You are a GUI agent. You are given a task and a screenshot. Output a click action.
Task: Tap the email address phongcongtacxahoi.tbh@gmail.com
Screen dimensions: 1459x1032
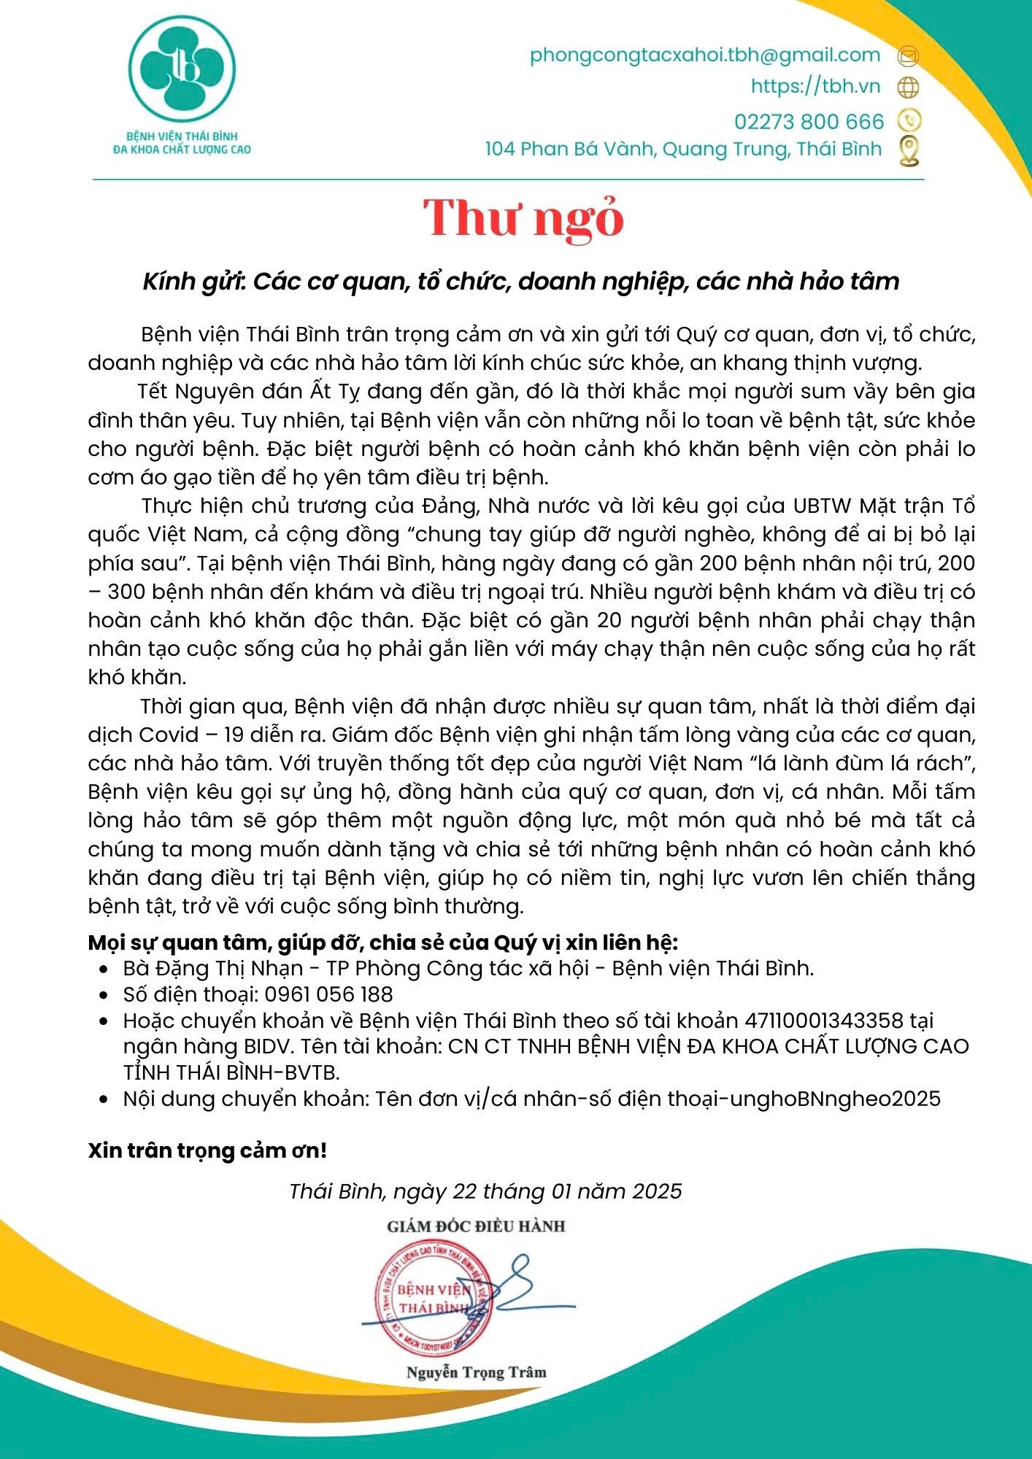click(705, 55)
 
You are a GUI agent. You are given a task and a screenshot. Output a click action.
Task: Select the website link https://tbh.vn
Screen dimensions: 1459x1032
click(815, 86)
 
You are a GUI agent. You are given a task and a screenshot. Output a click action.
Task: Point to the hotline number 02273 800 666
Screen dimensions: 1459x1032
click(809, 120)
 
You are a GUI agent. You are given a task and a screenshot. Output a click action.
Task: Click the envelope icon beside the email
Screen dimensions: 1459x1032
click(909, 55)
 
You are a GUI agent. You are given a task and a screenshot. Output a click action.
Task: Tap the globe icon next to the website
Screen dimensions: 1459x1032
click(908, 88)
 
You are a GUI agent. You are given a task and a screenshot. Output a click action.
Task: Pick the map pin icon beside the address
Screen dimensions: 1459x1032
click(909, 150)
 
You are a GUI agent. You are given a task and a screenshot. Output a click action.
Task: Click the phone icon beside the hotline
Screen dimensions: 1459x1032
click(909, 120)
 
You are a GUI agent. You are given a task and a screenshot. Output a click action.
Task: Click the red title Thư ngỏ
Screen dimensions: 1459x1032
click(523, 218)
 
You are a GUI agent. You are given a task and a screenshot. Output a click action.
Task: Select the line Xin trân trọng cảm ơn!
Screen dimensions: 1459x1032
click(207, 1150)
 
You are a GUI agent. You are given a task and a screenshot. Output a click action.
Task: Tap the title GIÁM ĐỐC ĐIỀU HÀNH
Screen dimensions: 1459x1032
click(476, 1226)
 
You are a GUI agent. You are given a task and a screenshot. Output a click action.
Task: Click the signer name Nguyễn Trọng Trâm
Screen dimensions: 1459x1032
click(476, 1372)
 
